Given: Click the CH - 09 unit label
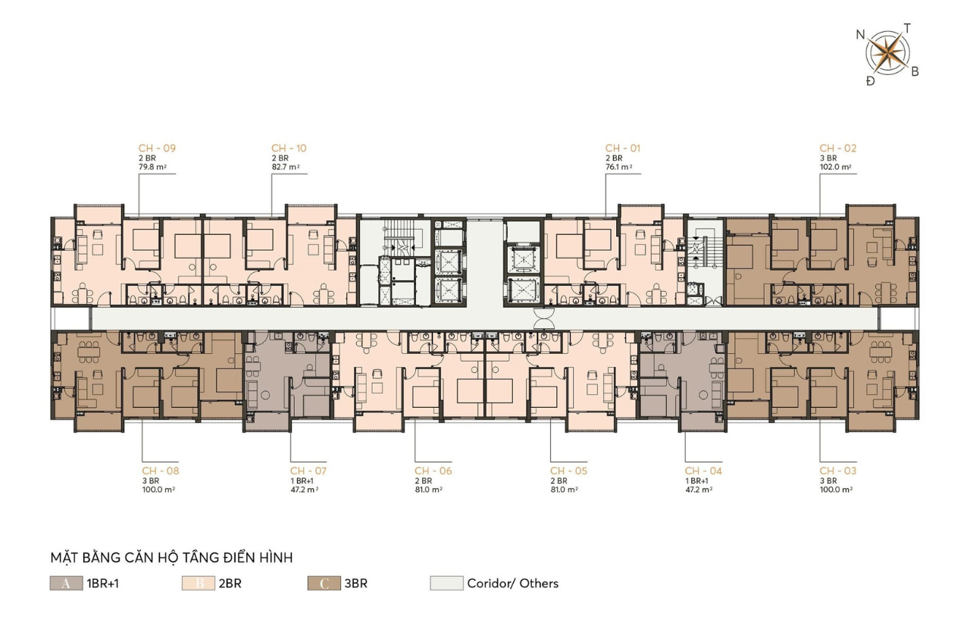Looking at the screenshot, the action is point(157,148).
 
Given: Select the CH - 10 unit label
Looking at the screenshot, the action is point(289,148).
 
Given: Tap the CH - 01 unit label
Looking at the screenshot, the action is point(623,148).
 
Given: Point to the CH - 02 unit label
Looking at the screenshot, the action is point(838,148).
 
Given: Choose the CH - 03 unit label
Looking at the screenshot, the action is point(838,471).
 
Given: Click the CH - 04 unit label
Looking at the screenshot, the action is point(703,471).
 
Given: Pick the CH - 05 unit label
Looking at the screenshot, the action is point(568,471).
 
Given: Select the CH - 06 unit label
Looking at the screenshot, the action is point(433,471).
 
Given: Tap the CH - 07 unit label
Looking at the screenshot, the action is point(308,471).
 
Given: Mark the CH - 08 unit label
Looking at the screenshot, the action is point(160,471).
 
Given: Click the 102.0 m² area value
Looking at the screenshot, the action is point(835,167).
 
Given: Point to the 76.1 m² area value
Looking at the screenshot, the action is point(619,167).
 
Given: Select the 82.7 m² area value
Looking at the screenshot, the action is point(286,167).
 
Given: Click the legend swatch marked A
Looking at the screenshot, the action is point(66,583).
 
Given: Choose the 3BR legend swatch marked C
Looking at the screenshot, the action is point(324,583).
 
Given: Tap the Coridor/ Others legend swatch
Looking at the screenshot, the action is point(446,583).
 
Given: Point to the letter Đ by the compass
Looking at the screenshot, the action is point(871,81).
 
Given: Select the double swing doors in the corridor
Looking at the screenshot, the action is point(544,319).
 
